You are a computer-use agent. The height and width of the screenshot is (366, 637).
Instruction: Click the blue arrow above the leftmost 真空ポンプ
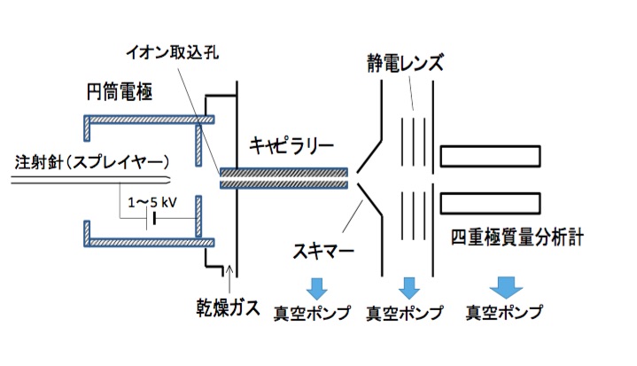click(x=315, y=287)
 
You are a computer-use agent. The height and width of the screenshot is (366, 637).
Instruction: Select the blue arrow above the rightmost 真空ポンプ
click(x=507, y=286)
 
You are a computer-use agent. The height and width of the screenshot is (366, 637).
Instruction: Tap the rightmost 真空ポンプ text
click(x=504, y=312)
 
